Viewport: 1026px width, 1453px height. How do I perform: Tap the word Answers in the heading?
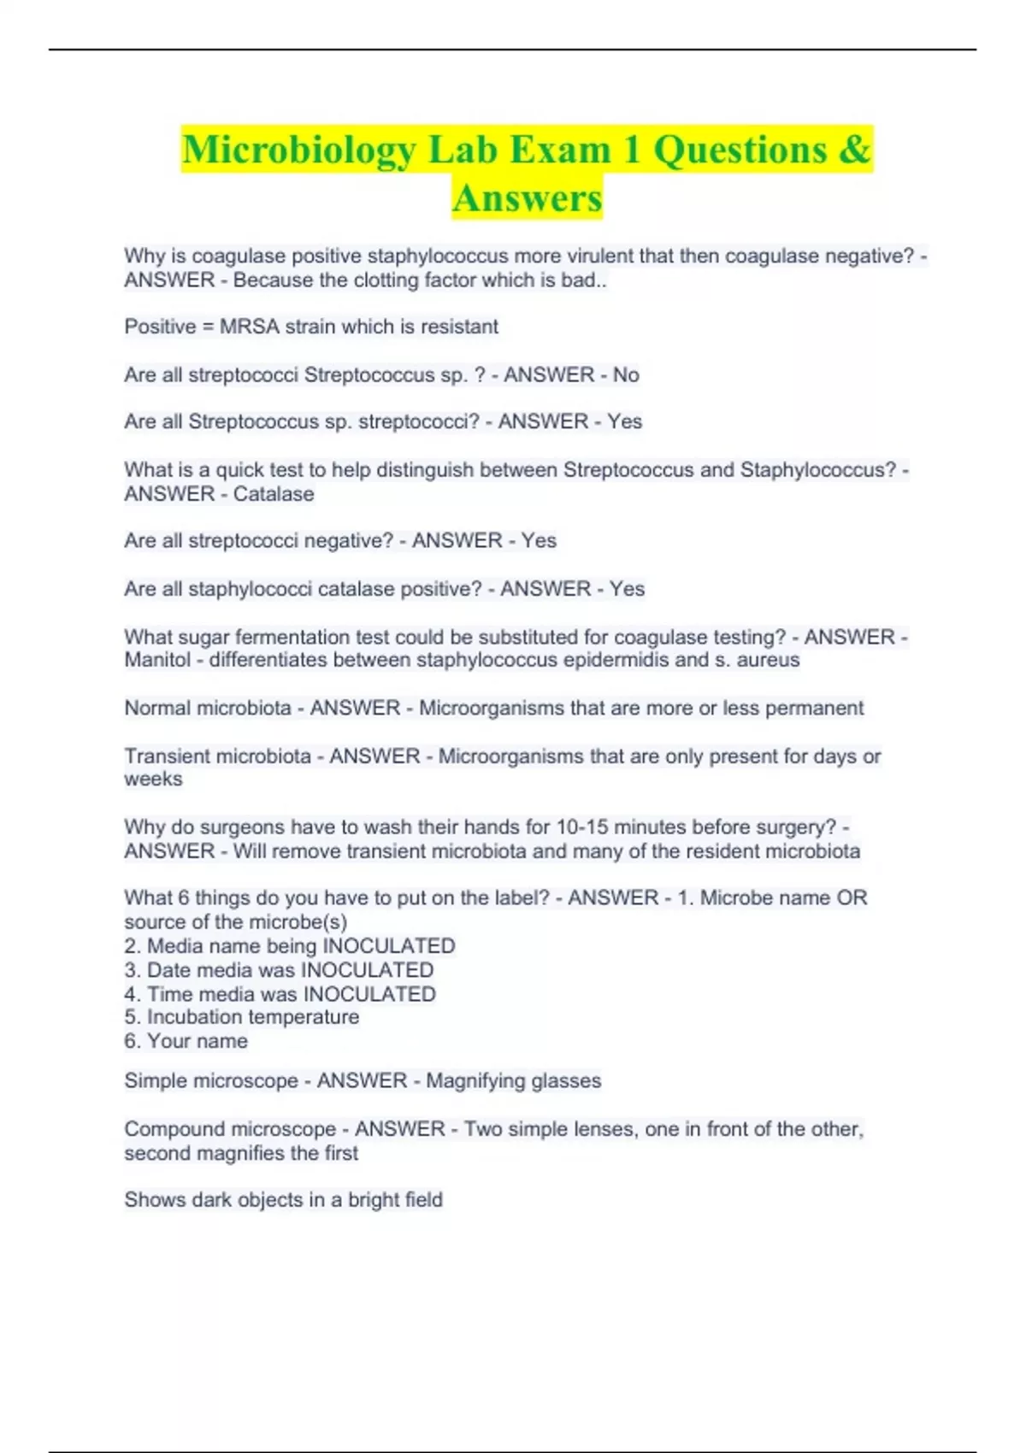[527, 198]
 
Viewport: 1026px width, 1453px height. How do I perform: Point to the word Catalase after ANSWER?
[274, 494]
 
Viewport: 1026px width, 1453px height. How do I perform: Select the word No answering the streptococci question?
[626, 375]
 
